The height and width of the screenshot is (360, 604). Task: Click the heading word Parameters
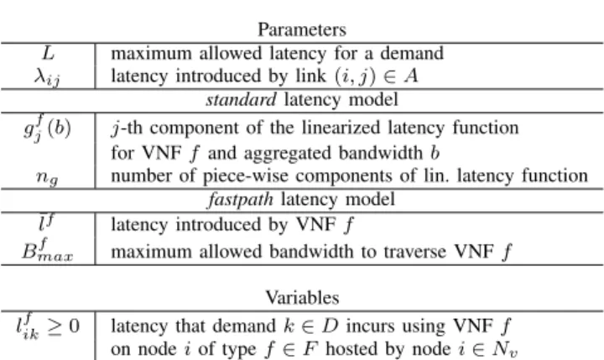(302, 29)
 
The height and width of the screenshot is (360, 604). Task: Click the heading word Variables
(302, 298)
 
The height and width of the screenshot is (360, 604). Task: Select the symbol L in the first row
(48, 53)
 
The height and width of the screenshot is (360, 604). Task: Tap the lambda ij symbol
(47, 76)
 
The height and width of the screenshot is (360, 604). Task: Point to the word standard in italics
(241, 100)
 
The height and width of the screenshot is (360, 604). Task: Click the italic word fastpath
(241, 200)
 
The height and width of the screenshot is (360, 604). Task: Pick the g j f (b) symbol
(47, 128)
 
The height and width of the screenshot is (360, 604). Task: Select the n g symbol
(47, 177)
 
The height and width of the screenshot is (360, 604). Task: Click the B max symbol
(47, 251)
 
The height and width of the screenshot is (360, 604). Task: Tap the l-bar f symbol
(47, 222)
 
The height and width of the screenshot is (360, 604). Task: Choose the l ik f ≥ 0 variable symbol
(48, 327)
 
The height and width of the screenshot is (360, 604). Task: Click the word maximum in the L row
(151, 53)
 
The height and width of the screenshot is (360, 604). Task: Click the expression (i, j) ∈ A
(377, 76)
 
